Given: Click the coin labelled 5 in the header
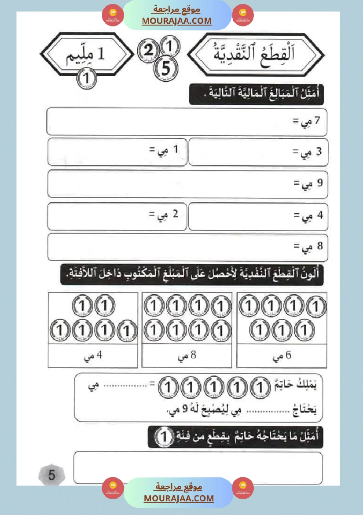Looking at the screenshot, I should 165,68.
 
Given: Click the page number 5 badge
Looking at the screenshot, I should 51,475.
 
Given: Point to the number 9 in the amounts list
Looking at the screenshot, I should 319,182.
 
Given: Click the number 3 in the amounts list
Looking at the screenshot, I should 319,152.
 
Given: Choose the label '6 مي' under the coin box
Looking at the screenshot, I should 282,356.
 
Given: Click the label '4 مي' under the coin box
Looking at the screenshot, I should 93,356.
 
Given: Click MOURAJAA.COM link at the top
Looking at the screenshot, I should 176,21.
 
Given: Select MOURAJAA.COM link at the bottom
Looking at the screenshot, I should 179,498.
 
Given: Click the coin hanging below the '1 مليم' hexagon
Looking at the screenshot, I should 87,78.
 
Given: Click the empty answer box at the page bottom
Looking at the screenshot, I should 198,467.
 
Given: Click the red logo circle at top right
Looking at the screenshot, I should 243,16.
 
